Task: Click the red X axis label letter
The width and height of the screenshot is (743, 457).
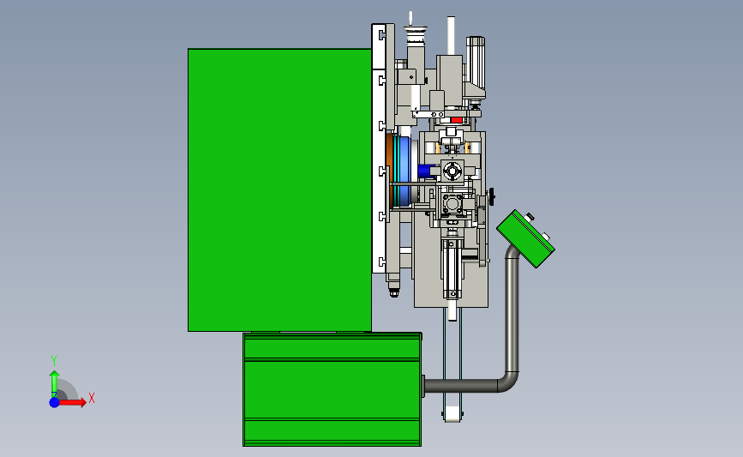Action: [x=92, y=398]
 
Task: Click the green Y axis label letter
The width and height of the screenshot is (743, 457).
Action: [x=54, y=361]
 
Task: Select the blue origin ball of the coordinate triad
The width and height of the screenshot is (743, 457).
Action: [x=55, y=402]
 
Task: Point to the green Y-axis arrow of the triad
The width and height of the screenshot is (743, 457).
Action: [x=55, y=384]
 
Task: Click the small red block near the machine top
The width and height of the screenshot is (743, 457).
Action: [x=456, y=120]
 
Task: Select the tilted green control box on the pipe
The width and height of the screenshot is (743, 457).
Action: [x=525, y=238]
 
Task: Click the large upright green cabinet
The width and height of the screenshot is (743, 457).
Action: [x=279, y=189]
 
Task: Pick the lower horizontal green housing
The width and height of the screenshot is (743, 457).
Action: [x=333, y=389]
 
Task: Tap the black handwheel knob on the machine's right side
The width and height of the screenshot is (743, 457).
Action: [x=492, y=196]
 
